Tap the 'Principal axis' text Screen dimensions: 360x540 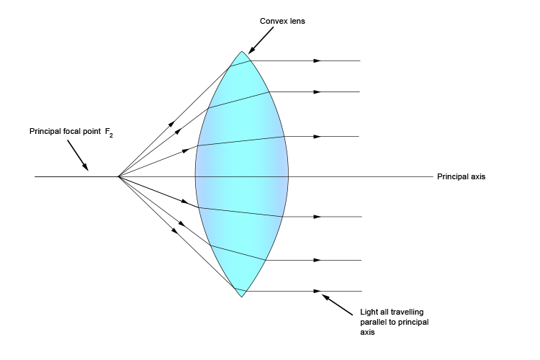click(461, 176)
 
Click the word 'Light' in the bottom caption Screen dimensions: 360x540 click(368, 312)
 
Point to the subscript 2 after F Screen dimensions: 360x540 click(110, 135)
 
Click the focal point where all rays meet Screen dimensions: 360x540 click(119, 176)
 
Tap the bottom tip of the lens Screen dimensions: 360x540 click(243, 296)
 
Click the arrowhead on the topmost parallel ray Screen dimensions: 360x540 click(318, 61)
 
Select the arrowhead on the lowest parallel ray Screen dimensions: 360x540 click(318, 291)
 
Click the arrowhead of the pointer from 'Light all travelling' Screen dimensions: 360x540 click(324, 294)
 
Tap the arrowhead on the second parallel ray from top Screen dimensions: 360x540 click(318, 91)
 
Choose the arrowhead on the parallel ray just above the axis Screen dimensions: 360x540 click(318, 136)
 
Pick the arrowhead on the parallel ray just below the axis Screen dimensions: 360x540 click(318, 216)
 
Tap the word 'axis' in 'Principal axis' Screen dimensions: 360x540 click(477, 176)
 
